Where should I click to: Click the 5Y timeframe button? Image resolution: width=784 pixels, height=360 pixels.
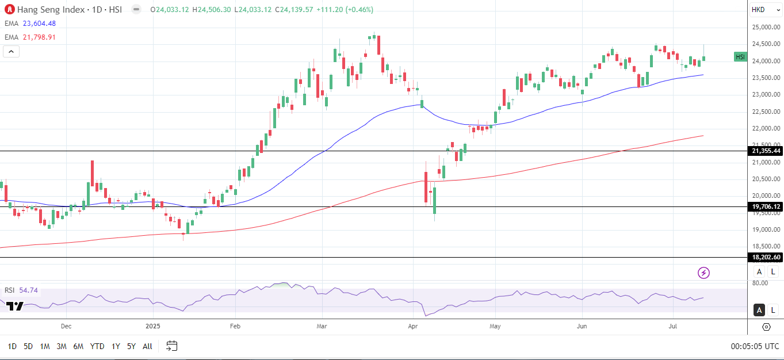pos(131,346)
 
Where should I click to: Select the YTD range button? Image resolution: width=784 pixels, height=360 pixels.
pos(97,346)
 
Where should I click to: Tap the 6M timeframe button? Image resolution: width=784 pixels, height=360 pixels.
pos(78,346)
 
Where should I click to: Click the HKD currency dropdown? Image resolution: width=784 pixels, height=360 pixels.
pos(765,10)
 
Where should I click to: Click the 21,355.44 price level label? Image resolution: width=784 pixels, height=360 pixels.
pos(765,151)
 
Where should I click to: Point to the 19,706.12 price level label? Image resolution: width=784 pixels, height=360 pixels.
pos(765,206)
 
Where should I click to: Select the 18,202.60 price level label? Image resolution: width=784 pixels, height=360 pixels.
pos(765,257)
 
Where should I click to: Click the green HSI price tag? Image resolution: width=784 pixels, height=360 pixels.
pos(740,57)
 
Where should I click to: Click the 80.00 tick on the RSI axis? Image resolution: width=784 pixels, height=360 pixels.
pos(760,283)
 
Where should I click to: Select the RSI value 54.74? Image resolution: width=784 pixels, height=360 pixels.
pos(28,290)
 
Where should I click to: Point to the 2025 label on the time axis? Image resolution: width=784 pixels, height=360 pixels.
pos(152,326)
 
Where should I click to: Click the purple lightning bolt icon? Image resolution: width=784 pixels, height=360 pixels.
pos(703,273)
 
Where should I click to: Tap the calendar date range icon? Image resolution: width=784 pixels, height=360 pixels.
pos(172,346)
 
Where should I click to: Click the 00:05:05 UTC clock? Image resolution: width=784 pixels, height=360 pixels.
pos(755,346)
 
